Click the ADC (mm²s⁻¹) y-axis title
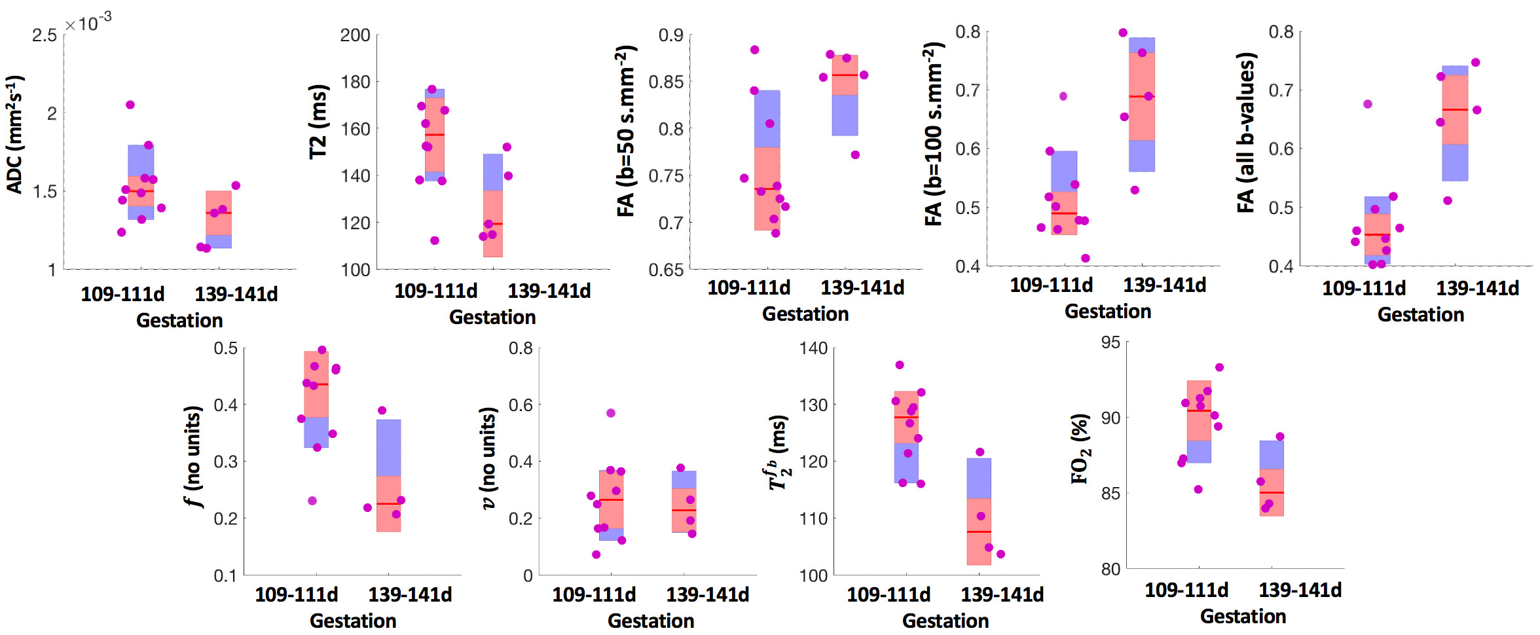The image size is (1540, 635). [14, 135]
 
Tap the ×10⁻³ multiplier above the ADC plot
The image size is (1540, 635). [88, 24]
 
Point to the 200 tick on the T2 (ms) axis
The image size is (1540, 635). [356, 35]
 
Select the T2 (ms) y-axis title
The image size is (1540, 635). [318, 122]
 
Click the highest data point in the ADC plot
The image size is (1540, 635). [130, 105]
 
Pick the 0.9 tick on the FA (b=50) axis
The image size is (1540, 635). [671, 35]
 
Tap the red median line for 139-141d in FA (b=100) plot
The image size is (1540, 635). [1142, 97]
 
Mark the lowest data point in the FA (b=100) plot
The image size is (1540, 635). [1086, 258]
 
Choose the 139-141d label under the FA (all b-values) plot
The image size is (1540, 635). [1478, 288]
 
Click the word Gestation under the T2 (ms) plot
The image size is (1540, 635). [492, 317]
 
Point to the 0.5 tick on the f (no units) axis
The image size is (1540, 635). [226, 348]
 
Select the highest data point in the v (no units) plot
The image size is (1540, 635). [611, 413]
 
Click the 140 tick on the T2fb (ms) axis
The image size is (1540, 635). [813, 348]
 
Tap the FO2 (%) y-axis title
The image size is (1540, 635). [1080, 448]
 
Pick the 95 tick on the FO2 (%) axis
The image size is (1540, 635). [1111, 342]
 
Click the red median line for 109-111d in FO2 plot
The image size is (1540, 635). [1199, 410]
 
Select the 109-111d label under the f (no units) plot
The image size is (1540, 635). [297, 594]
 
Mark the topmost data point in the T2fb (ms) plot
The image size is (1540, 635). [900, 365]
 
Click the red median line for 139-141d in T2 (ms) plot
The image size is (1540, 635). [493, 224]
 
